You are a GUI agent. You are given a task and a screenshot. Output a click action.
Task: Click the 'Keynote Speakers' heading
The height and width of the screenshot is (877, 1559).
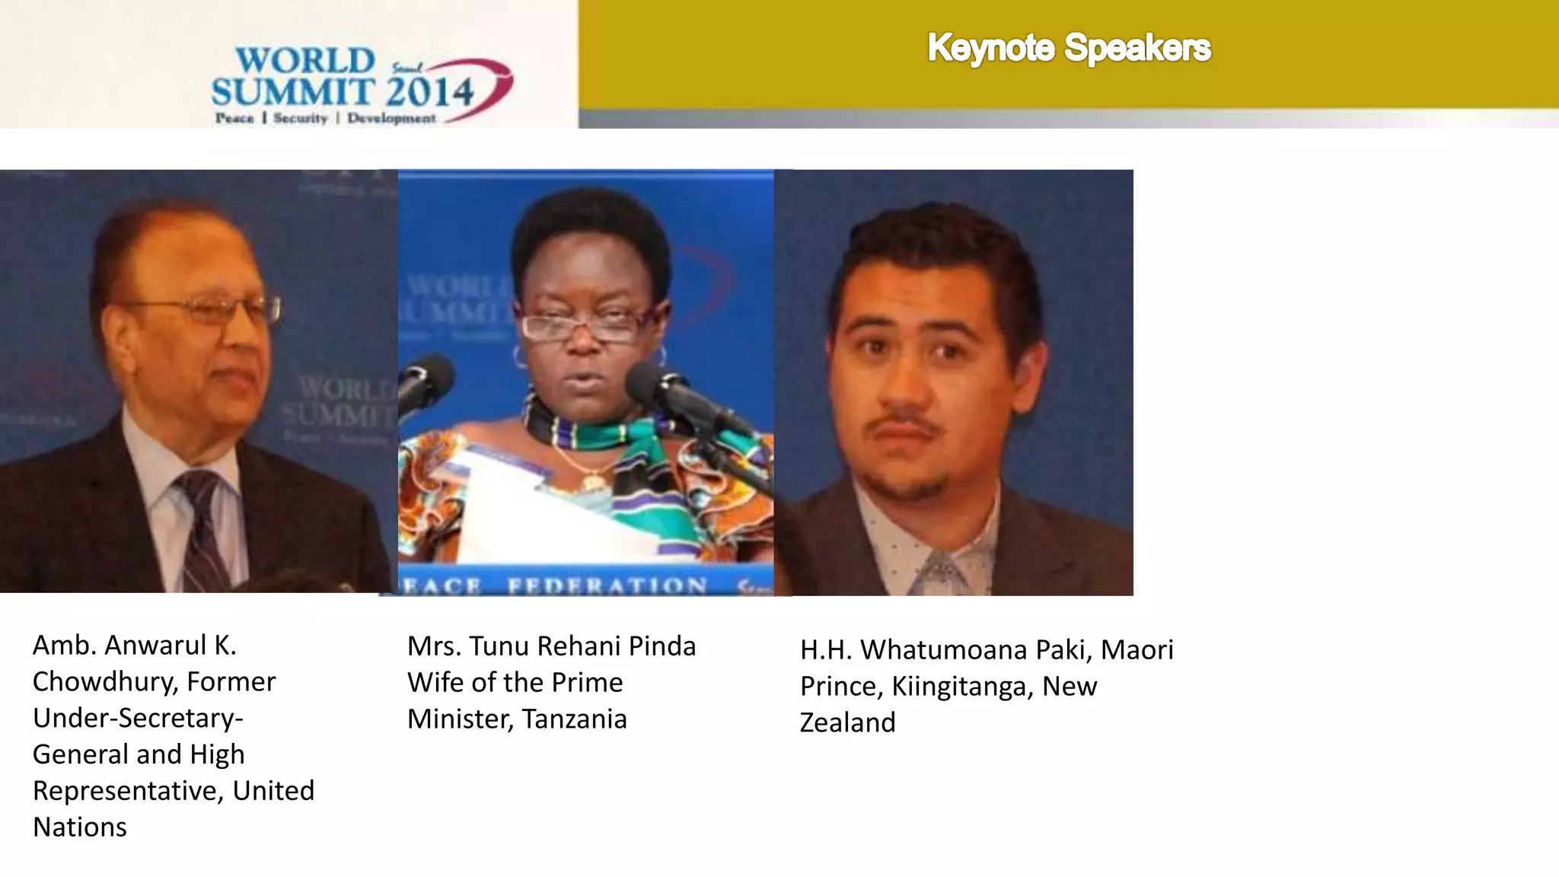[1068, 48]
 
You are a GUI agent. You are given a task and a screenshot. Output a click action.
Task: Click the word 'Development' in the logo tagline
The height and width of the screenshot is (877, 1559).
[391, 119]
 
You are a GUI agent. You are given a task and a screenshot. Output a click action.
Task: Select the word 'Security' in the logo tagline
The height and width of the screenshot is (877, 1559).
[300, 118]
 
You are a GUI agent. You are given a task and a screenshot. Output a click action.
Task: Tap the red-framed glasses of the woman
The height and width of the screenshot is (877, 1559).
[582, 327]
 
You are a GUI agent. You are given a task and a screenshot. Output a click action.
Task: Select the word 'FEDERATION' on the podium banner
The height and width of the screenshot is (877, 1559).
[607, 585]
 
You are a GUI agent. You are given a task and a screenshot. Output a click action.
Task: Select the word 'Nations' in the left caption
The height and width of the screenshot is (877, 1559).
[80, 827]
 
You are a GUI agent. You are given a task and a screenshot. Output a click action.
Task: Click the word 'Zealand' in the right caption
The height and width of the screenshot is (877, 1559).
[847, 722]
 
